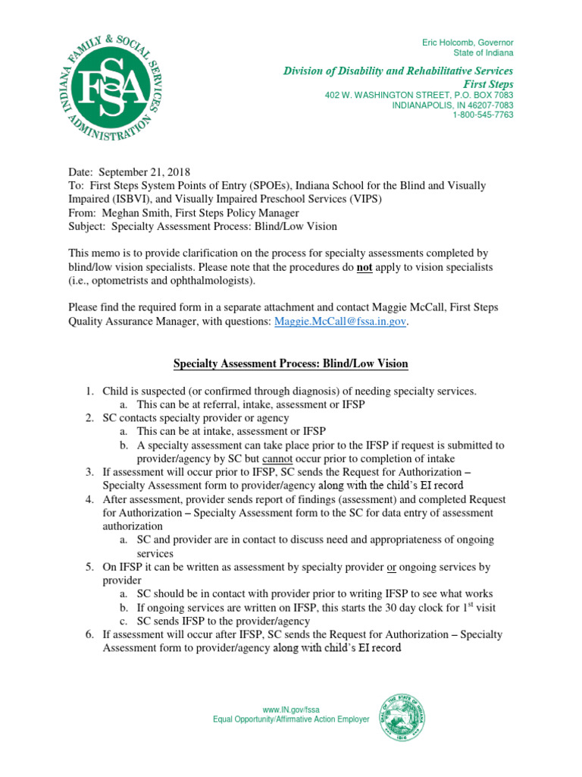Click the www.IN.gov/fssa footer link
(x=291, y=709)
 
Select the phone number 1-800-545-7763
(x=483, y=115)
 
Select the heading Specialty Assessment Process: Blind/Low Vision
(x=291, y=363)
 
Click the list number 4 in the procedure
(x=89, y=499)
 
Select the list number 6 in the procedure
(x=89, y=634)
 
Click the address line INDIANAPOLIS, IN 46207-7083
(x=452, y=105)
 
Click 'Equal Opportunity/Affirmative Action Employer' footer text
(x=291, y=719)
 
